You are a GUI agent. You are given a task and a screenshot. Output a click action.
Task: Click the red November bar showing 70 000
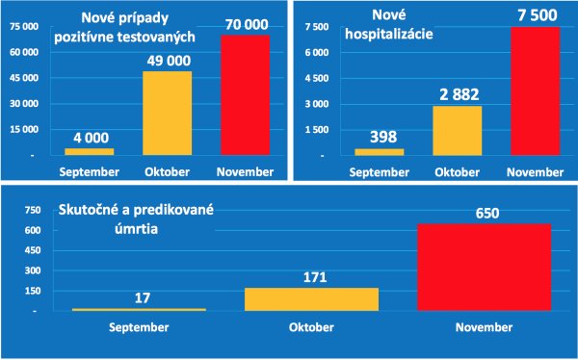tap(246, 107)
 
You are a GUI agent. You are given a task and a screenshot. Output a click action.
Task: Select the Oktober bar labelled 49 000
tap(168, 113)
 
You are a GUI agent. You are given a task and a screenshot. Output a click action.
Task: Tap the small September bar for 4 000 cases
tap(90, 151)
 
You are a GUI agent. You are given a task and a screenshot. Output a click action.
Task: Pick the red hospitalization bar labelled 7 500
tap(534, 90)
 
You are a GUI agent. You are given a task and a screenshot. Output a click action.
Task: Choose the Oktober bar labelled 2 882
tap(457, 130)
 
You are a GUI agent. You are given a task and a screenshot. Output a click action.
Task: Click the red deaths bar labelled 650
tap(470, 268)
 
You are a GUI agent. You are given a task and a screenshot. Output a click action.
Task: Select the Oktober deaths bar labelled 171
tap(311, 299)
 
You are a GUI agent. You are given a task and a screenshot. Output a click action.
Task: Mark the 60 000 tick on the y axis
tap(23, 52)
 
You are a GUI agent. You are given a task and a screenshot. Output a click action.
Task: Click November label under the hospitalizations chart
tap(534, 171)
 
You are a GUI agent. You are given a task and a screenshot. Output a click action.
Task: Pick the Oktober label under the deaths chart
tap(311, 326)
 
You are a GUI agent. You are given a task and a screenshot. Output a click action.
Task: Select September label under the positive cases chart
tap(90, 171)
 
